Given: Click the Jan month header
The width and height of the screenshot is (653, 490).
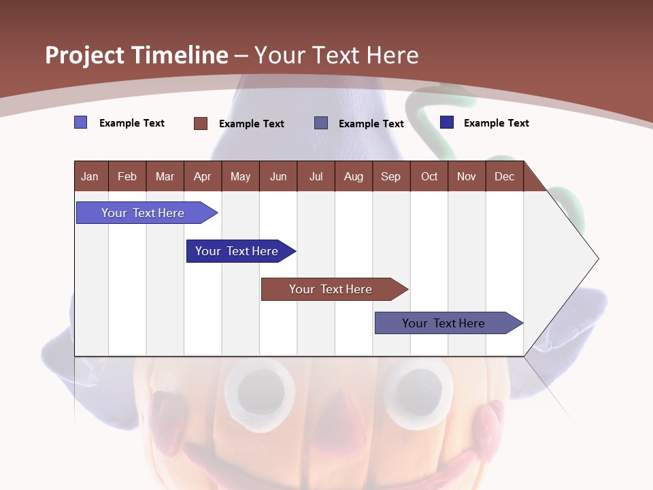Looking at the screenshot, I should point(90,176).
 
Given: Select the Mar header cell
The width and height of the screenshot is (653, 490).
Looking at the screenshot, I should point(165,176).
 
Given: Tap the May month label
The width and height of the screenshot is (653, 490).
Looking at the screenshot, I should point(240,176).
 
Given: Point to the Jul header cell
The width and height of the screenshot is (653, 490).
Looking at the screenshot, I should point(316,176).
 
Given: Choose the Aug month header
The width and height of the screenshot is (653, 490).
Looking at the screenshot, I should point(353,176).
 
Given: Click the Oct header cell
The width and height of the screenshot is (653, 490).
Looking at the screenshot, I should point(429,176).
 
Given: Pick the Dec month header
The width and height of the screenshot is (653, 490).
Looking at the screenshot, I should point(504,176).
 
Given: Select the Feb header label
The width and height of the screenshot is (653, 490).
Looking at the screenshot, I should point(127,176).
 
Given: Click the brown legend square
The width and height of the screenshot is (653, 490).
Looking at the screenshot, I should point(201,123).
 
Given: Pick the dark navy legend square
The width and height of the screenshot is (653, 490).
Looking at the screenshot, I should point(447,122).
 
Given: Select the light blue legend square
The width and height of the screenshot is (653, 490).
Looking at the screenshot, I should point(81,122).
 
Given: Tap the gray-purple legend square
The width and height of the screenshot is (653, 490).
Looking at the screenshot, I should point(321,123).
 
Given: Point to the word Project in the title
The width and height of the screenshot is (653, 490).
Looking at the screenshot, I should point(85,55).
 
